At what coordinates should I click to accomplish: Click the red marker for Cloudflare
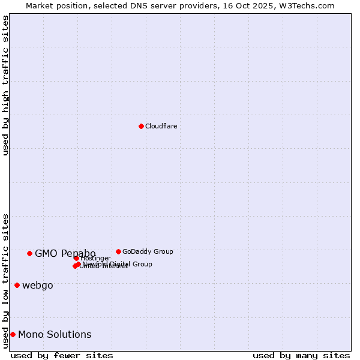coord(141,126)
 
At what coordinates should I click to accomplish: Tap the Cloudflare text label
coord(161,126)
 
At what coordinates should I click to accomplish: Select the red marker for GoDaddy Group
coord(118,251)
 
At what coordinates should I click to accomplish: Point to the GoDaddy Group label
coord(148,251)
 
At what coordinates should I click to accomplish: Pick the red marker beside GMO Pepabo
coord(29,253)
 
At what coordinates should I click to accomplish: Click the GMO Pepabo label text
coord(65,253)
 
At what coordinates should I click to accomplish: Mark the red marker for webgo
coord(17,285)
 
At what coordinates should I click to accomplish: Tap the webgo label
coord(37,285)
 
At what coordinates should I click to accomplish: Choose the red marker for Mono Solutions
coord(13,334)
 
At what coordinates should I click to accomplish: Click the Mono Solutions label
coord(55,334)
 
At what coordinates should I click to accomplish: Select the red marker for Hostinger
coord(76,258)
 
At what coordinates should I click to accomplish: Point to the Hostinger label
coord(96,258)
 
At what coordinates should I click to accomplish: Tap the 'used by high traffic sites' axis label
coord(5,85)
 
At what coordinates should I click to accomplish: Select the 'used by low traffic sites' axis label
coord(5,281)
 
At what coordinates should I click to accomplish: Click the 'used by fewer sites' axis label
coord(62,355)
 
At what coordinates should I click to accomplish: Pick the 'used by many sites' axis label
coord(301,355)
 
